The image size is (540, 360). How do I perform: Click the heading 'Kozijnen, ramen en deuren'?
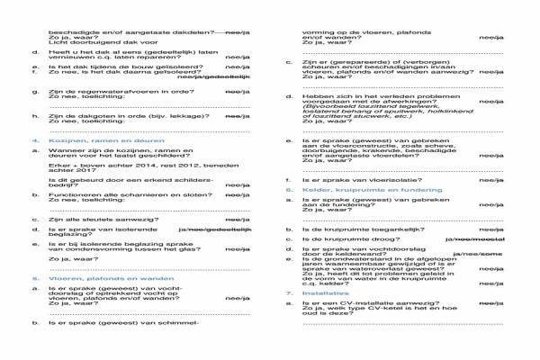[88, 141]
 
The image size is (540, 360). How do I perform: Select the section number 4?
[34, 141]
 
